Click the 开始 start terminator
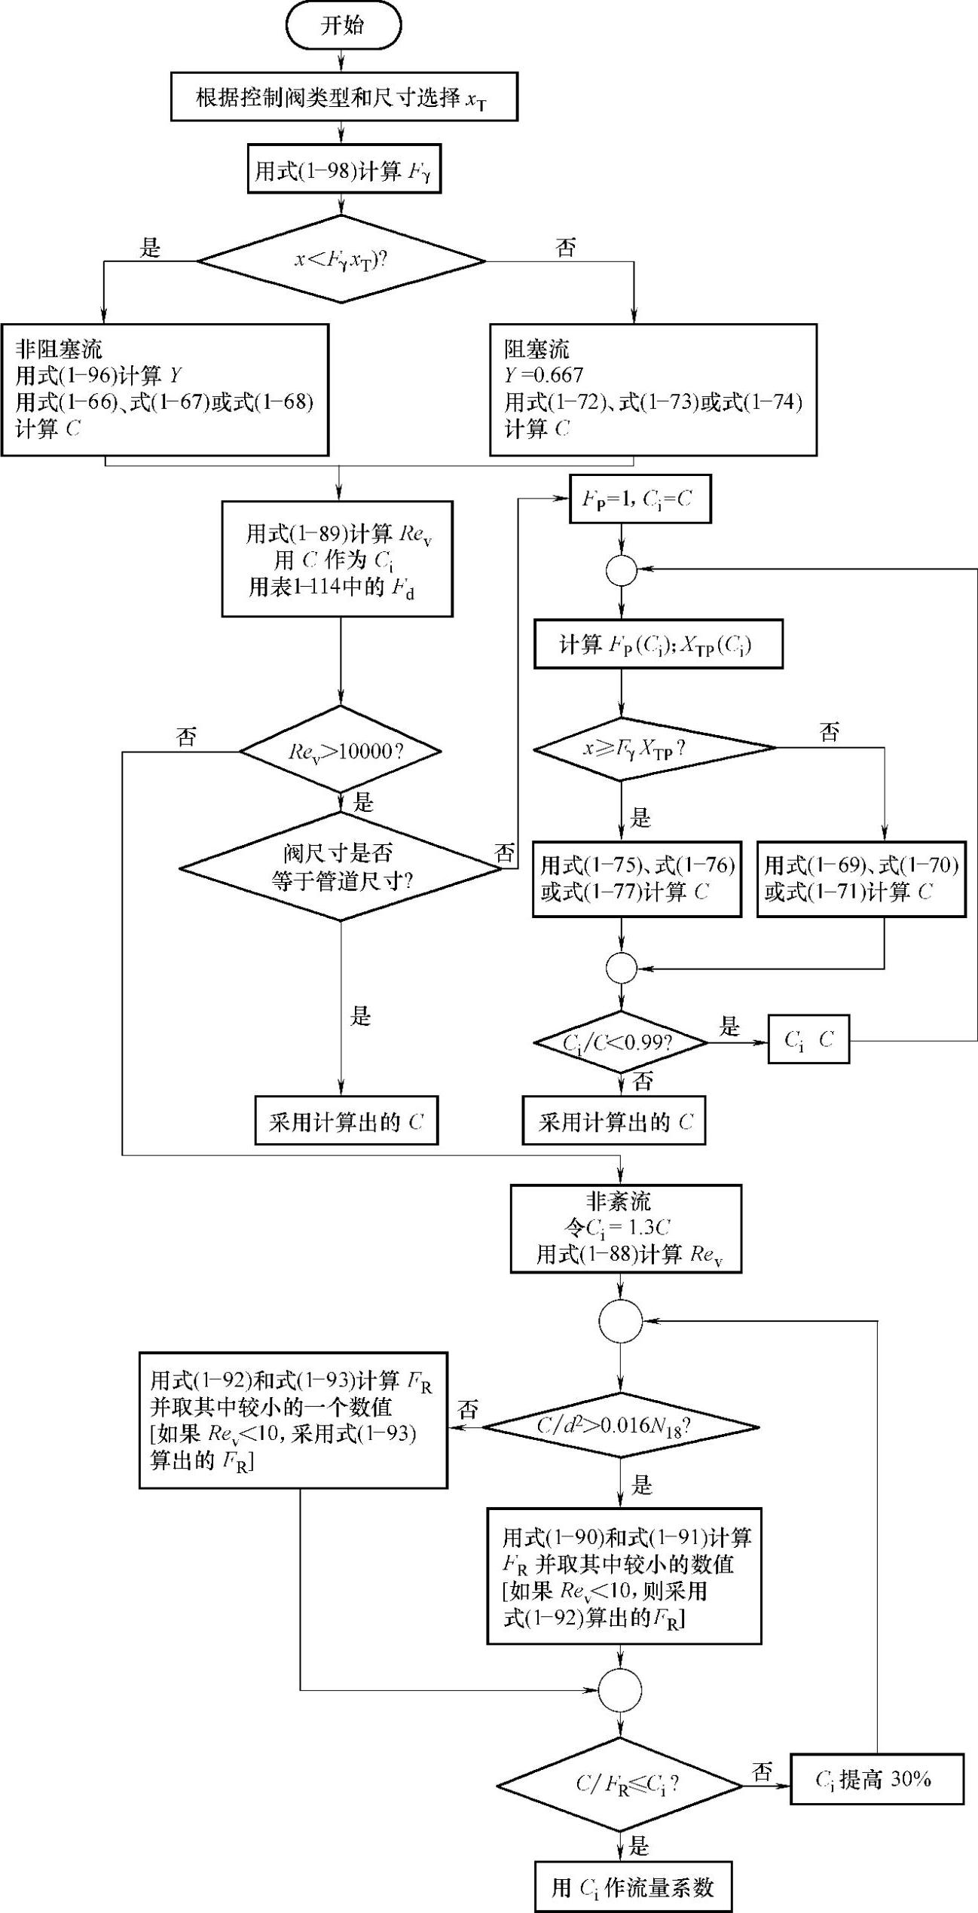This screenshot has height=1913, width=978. pyautogui.click(x=343, y=26)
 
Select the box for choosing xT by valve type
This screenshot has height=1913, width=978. pyautogui.click(x=344, y=97)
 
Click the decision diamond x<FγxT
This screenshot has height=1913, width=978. pyautogui.click(x=341, y=261)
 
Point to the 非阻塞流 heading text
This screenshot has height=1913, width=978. pyautogui.click(x=59, y=349)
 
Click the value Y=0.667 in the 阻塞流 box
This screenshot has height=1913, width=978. pyautogui.click(x=544, y=375)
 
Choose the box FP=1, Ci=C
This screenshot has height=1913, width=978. pyautogui.click(x=640, y=499)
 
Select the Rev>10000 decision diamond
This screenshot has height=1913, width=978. pyautogui.click(x=341, y=750)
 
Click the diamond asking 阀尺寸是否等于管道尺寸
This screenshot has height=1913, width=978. pyautogui.click(x=341, y=867)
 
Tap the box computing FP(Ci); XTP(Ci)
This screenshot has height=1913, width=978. pyautogui.click(x=658, y=644)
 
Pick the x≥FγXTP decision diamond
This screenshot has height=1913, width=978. pyautogui.click(x=654, y=748)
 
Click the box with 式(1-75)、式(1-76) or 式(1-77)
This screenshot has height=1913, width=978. pyautogui.click(x=637, y=879)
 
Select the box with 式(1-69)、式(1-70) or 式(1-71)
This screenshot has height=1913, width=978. pyautogui.click(x=860, y=879)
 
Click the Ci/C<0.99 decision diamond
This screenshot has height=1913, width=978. pyautogui.click(x=620, y=1042)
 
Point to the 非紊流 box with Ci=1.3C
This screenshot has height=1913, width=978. pyautogui.click(x=625, y=1228)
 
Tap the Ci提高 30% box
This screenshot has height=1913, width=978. pyautogui.click(x=876, y=1780)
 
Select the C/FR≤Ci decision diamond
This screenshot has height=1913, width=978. pyautogui.click(x=620, y=1784)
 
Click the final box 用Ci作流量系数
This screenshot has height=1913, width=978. pyautogui.click(x=633, y=1887)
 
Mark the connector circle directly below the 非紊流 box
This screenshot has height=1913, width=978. pyautogui.click(x=620, y=1320)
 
